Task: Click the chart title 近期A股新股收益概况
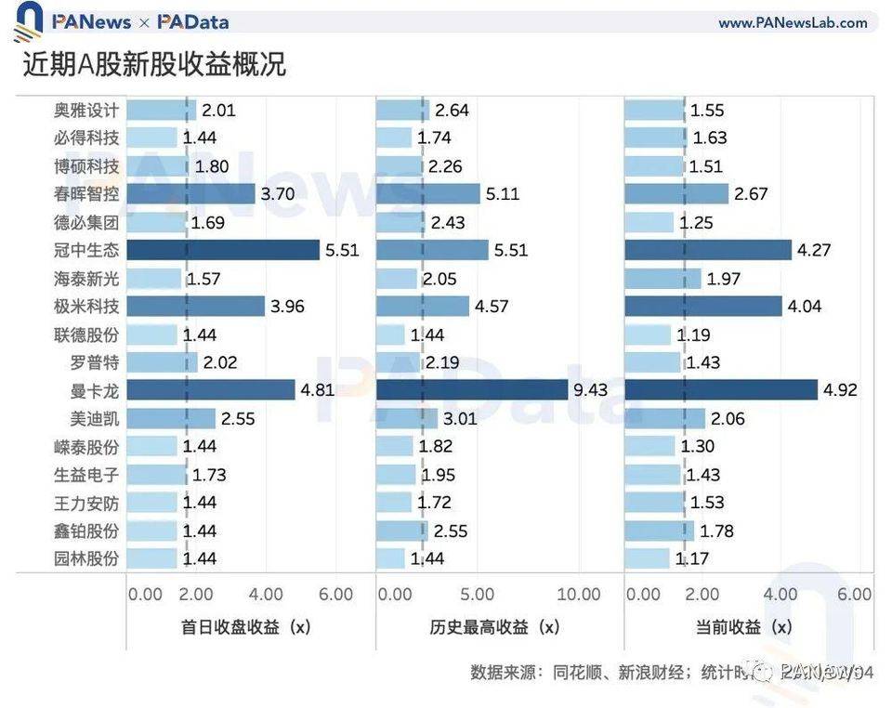click(154, 64)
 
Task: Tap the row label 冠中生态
click(86, 250)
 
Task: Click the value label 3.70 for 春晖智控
click(279, 194)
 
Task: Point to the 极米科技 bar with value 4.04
click(703, 306)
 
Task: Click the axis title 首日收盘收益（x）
click(246, 627)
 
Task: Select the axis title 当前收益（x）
click(748, 627)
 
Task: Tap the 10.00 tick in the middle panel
click(579, 595)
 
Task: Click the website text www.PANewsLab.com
click(793, 23)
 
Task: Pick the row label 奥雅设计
click(86, 110)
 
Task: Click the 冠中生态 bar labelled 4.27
click(708, 250)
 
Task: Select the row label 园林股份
click(86, 558)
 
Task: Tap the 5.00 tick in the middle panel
click(478, 595)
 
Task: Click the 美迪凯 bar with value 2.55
click(171, 418)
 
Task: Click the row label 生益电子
click(86, 475)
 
